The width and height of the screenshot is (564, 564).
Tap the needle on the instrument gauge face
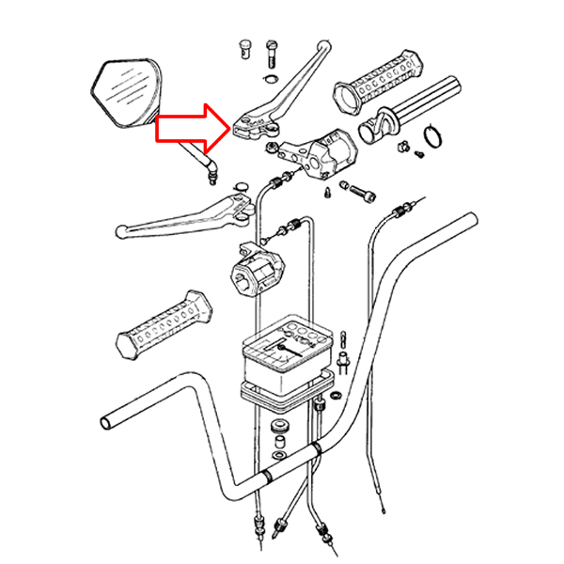281,346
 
